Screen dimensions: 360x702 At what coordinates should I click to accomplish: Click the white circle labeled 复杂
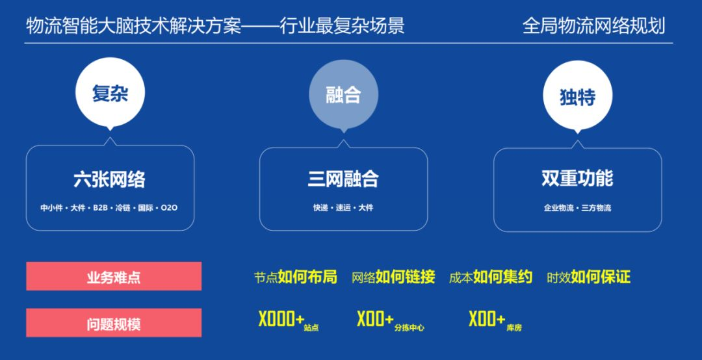[x=110, y=94]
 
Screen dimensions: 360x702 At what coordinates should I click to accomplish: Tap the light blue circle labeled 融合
[x=343, y=96]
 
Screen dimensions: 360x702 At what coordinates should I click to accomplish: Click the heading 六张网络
[x=109, y=179]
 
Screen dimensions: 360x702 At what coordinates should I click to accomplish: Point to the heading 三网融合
[x=343, y=179]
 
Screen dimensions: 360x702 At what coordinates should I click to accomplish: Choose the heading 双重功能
[x=577, y=179]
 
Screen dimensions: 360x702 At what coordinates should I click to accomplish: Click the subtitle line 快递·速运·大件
[x=343, y=208]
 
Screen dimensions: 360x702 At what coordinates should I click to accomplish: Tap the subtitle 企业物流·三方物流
[x=577, y=208]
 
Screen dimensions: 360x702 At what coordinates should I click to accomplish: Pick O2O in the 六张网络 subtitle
[x=169, y=208]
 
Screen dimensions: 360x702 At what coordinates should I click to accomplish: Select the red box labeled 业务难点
[x=114, y=277]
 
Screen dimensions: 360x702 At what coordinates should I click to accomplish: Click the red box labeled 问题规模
[x=114, y=324]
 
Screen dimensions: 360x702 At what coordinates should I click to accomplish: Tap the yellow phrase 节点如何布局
[x=295, y=277]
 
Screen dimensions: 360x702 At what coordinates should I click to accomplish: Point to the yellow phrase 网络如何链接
[x=393, y=277]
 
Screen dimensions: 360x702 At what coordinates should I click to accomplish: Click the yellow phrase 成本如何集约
[x=490, y=277]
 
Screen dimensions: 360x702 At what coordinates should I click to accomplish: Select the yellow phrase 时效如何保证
[x=588, y=277]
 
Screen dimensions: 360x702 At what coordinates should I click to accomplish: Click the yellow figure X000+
[x=281, y=319]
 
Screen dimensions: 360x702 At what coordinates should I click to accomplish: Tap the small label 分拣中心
[x=409, y=328]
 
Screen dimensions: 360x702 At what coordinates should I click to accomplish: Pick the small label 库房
[x=513, y=328]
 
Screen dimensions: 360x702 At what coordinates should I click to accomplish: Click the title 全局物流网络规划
[x=593, y=27]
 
